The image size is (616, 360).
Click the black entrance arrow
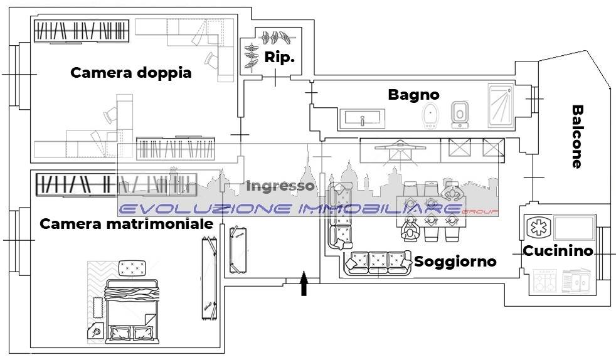[304, 283]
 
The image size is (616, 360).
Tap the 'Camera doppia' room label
[131, 73]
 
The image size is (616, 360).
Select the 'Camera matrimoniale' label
[127, 224]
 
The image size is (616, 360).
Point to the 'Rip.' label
[279, 57]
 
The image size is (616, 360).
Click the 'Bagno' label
[413, 95]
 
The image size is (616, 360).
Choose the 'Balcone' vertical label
[576, 137]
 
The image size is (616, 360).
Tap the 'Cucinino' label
[558, 250]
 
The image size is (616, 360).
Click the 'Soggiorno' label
[455, 262]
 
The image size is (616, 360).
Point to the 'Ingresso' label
[280, 186]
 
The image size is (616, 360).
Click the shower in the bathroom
[501, 105]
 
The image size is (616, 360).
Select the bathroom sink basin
[362, 119]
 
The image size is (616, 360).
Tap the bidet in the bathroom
[430, 115]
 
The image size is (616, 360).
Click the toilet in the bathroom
[459, 115]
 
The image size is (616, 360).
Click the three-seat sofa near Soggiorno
[378, 263]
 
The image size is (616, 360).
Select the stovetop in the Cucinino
[545, 282]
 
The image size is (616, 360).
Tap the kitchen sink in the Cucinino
[576, 281]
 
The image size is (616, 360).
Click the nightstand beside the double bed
[96, 332]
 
